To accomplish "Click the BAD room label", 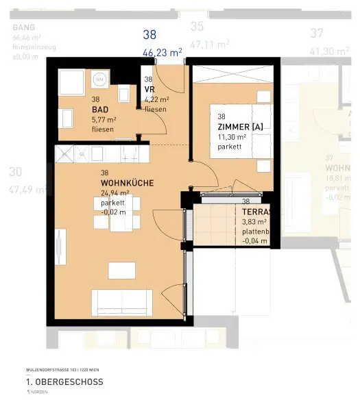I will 101,109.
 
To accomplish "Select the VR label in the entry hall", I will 149,89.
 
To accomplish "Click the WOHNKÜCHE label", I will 127,183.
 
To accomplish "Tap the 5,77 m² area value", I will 104,119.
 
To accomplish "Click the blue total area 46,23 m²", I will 162,51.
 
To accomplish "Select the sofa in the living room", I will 122,301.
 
